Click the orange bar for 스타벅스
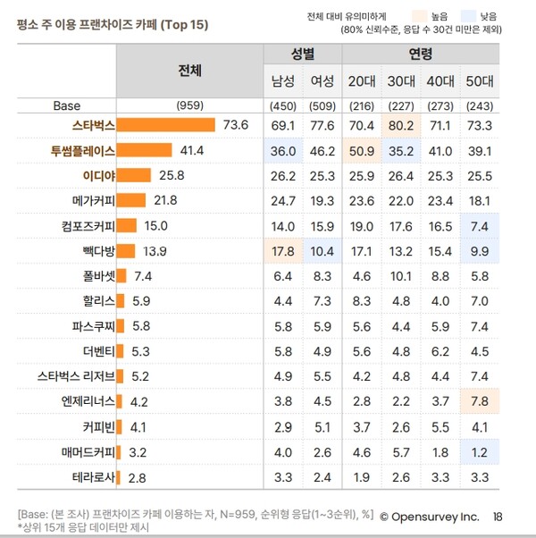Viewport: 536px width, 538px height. point(166,124)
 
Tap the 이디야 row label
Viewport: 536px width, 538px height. point(98,174)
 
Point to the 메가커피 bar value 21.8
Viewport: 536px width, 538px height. point(166,199)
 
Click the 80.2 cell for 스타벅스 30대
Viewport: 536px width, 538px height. point(399,124)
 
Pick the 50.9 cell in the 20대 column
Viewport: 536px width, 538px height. point(362,149)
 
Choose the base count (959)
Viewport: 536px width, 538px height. point(189,105)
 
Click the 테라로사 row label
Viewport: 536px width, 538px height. point(93,477)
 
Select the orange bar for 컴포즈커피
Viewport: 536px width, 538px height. point(126,225)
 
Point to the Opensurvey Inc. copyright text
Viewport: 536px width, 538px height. point(429,517)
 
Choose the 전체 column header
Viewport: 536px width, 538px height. point(189,69)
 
